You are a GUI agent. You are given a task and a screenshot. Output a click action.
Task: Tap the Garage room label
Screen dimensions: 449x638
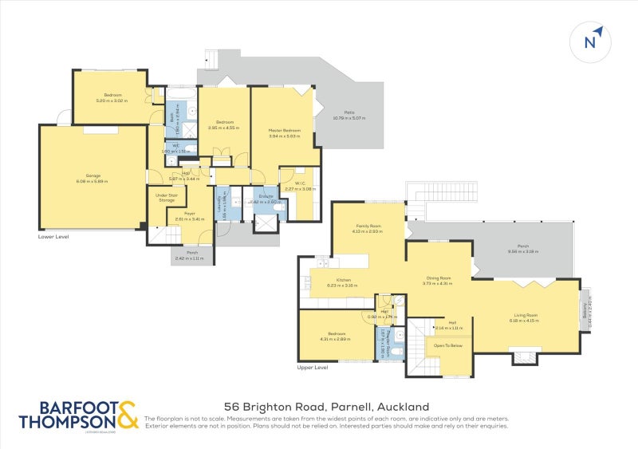[93, 175]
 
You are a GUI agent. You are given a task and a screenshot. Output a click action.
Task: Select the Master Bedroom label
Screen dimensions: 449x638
[284, 130]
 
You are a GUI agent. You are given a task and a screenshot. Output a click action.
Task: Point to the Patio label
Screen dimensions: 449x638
[349, 112]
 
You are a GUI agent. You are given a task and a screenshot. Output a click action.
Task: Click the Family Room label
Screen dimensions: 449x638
[369, 226]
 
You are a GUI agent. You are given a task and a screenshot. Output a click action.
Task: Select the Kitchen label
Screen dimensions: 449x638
[344, 280]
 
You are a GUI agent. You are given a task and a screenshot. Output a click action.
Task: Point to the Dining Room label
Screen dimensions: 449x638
[437, 278]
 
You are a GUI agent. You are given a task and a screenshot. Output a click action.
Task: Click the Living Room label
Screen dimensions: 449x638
[525, 314]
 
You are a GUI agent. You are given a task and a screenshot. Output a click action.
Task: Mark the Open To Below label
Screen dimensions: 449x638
[447, 345]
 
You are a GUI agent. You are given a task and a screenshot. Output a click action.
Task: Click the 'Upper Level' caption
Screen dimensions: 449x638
[312, 368]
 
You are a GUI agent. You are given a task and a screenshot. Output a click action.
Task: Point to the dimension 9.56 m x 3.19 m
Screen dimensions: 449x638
[524, 252]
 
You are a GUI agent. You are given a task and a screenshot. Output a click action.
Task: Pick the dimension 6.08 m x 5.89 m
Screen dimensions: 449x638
[93, 181]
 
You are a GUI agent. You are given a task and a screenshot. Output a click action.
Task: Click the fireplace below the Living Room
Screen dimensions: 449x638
[523, 356]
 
